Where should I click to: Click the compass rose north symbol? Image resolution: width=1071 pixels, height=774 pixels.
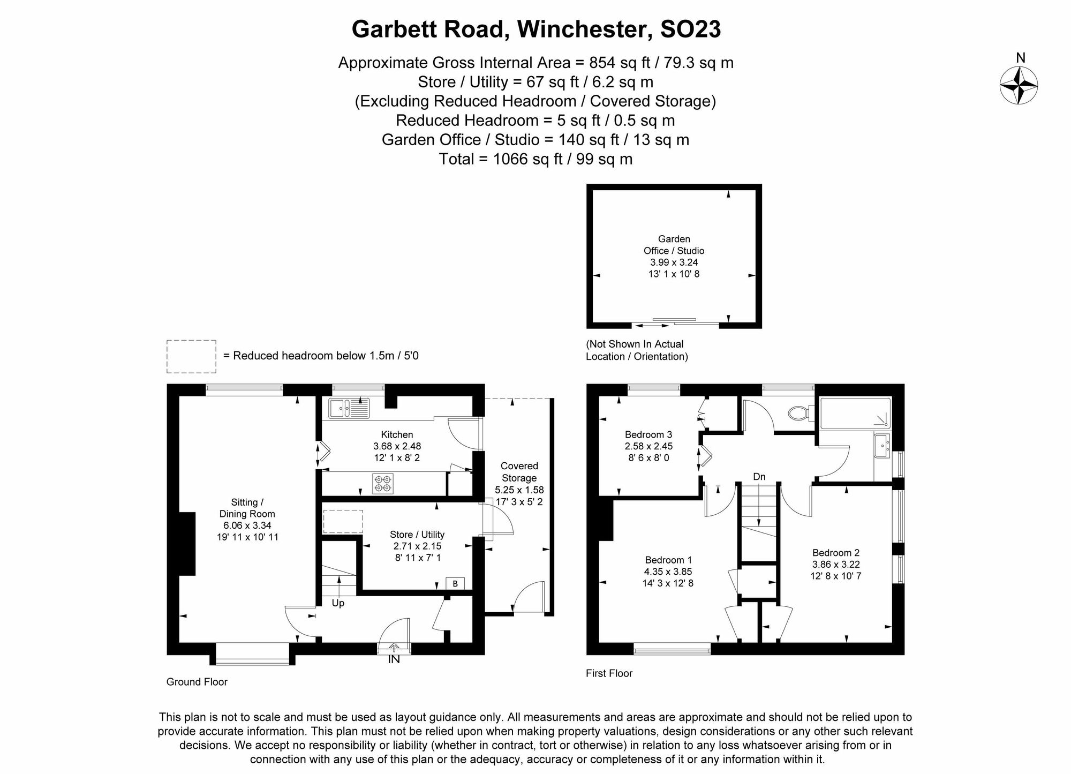point(1019,85)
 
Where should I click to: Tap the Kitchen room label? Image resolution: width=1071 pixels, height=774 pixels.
point(397,434)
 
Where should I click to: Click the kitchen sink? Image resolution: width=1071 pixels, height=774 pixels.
point(349,409)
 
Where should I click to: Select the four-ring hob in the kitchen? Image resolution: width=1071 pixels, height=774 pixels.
point(383,483)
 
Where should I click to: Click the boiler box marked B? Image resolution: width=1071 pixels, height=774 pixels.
point(455,583)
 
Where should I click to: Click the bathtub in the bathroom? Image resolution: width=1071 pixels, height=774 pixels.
point(855,413)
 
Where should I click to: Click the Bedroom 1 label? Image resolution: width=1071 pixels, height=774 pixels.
point(668,560)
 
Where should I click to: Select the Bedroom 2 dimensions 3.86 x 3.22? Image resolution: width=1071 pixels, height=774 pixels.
point(835,564)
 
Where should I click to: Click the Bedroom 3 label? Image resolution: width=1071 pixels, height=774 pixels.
point(648,434)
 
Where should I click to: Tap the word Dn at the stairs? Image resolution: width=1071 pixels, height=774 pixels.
point(759,477)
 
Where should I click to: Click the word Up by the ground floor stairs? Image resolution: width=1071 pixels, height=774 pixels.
point(338,603)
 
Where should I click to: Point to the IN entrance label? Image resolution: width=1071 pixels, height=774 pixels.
point(394,659)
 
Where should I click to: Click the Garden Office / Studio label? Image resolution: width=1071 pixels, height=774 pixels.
point(674,245)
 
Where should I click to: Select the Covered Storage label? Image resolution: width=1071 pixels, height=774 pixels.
point(519,472)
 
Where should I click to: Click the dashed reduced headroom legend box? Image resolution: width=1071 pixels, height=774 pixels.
point(191,356)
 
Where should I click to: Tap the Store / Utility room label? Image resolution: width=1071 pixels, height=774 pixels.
point(417,534)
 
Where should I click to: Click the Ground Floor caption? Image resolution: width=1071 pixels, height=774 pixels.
point(197,682)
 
